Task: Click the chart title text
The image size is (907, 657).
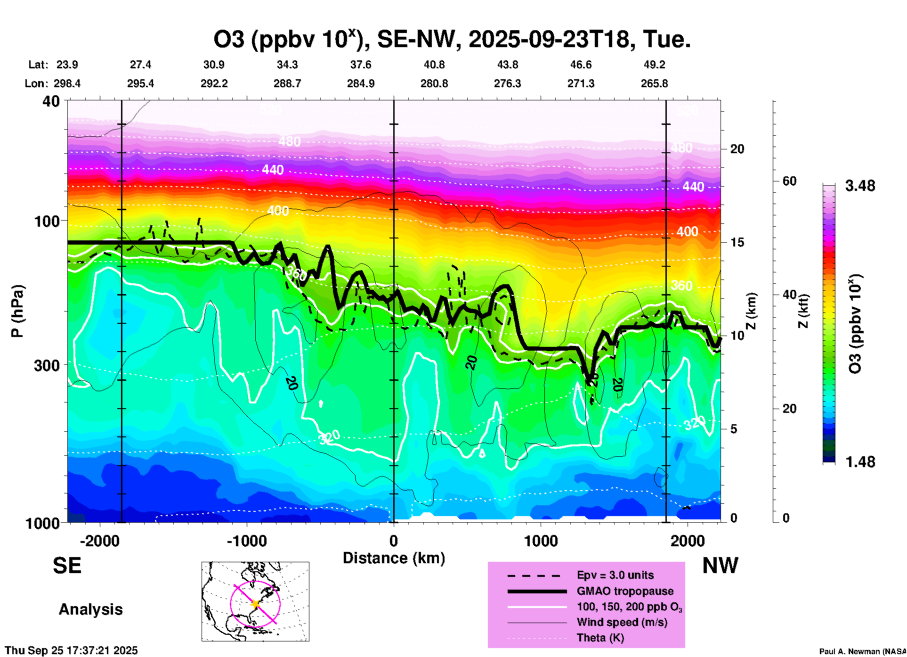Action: (452, 40)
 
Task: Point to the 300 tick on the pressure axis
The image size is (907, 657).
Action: (47, 365)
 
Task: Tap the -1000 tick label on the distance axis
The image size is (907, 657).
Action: (247, 541)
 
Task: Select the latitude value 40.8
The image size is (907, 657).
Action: (434, 65)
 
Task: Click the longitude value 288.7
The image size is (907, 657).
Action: (287, 83)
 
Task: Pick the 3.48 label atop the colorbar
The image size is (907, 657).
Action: (860, 186)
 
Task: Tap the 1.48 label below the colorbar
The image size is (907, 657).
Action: (860, 462)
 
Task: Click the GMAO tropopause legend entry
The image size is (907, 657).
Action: (625, 591)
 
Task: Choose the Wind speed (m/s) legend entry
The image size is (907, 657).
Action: (622, 622)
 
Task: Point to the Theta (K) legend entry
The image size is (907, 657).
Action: (600, 638)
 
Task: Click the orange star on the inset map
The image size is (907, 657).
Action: (255, 603)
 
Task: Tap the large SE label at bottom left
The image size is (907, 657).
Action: (67, 566)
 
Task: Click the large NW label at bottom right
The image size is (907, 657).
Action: (720, 566)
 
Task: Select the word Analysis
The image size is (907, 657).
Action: (90, 609)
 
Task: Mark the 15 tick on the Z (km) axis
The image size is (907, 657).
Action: (737, 242)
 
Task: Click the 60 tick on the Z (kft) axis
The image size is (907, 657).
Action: (789, 181)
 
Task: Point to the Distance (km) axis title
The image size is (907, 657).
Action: (394, 558)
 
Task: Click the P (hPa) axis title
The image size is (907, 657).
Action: (17, 311)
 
